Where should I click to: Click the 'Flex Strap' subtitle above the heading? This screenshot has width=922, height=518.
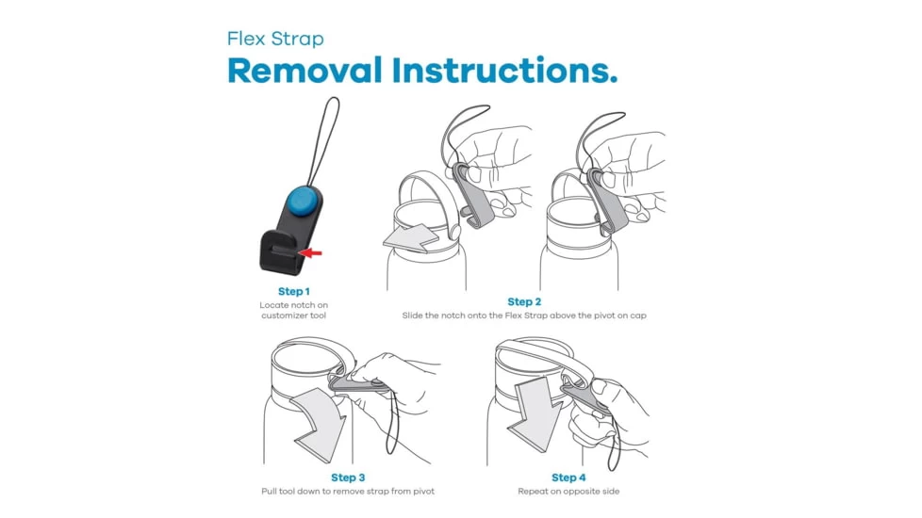point(275,39)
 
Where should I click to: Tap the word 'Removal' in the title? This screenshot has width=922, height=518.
point(305,71)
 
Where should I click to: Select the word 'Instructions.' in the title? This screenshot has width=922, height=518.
point(505,71)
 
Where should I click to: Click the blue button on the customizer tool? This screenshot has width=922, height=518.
point(302,201)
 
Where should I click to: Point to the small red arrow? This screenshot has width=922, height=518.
point(311,253)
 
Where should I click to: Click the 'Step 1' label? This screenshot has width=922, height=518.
point(294,291)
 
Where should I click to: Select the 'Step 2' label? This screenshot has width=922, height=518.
point(524,302)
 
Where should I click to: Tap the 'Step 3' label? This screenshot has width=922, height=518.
point(348,478)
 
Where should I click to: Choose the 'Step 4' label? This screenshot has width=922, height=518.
point(568,478)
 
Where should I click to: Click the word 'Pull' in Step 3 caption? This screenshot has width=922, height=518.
point(269,491)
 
